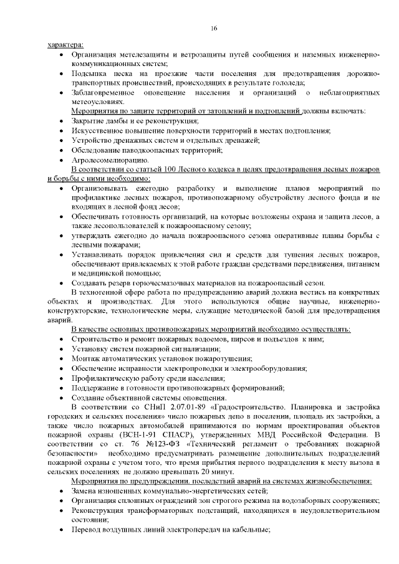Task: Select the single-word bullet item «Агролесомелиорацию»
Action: [x=109, y=160]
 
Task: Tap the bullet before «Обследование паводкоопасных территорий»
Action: [x=59, y=150]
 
